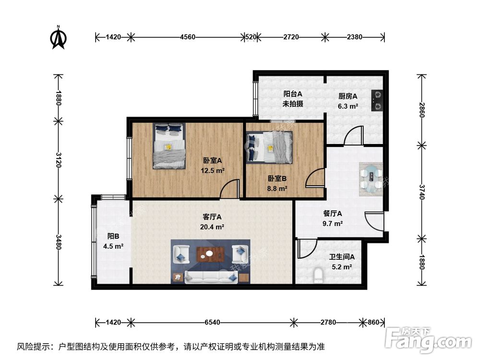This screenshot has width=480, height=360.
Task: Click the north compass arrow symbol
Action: (x=59, y=38)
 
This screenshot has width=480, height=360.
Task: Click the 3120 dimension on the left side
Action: (x=59, y=159)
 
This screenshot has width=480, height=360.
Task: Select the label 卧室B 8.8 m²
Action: (x=277, y=183)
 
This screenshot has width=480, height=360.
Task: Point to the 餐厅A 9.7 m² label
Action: (x=332, y=218)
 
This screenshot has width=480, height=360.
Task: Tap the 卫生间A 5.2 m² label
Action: (x=341, y=262)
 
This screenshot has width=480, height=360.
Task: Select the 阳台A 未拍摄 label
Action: (x=292, y=99)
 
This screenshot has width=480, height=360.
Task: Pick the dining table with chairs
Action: (x=371, y=178)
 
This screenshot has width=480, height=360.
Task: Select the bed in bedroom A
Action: (x=169, y=146)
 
